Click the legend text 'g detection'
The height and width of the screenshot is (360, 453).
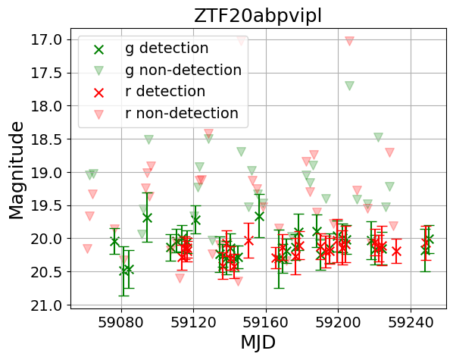[167, 49]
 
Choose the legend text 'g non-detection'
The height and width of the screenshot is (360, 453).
[183, 70]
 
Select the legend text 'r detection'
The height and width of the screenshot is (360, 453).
[165, 92]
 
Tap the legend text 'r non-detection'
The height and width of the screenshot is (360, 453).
[181, 114]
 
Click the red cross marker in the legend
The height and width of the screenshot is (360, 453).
[99, 92]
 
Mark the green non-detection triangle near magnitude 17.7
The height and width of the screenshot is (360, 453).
[349, 86]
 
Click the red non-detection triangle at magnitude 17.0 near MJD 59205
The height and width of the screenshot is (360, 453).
[349, 41]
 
